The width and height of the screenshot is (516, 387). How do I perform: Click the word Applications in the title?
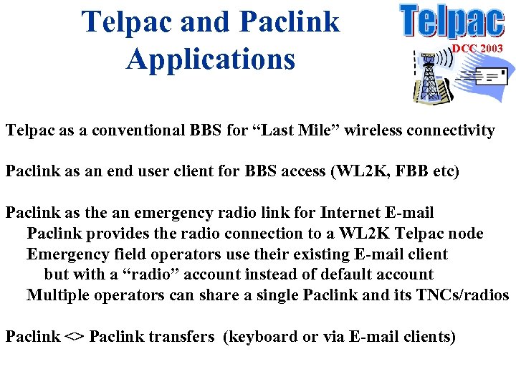[211, 58]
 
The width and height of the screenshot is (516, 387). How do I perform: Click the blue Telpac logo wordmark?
[451, 21]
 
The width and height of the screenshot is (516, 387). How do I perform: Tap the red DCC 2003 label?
[477, 48]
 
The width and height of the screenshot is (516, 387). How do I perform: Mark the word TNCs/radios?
[462, 295]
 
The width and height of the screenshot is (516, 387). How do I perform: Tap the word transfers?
[182, 337]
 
